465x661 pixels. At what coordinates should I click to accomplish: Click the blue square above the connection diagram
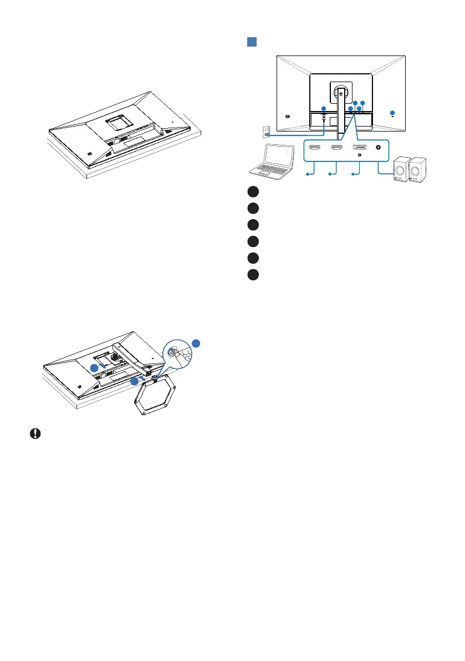[251, 42]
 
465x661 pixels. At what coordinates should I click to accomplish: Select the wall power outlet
[265, 132]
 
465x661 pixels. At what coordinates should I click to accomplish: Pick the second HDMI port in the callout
[336, 148]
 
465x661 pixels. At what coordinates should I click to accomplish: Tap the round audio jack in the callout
[379, 148]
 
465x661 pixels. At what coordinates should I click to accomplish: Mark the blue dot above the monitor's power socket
[324, 108]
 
